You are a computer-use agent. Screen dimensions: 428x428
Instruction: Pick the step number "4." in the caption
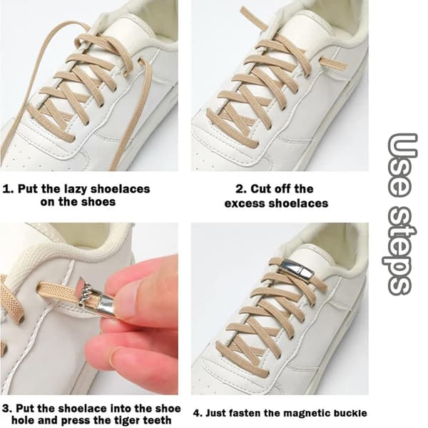point(198,413)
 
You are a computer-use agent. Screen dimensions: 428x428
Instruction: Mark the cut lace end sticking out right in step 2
point(333,63)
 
